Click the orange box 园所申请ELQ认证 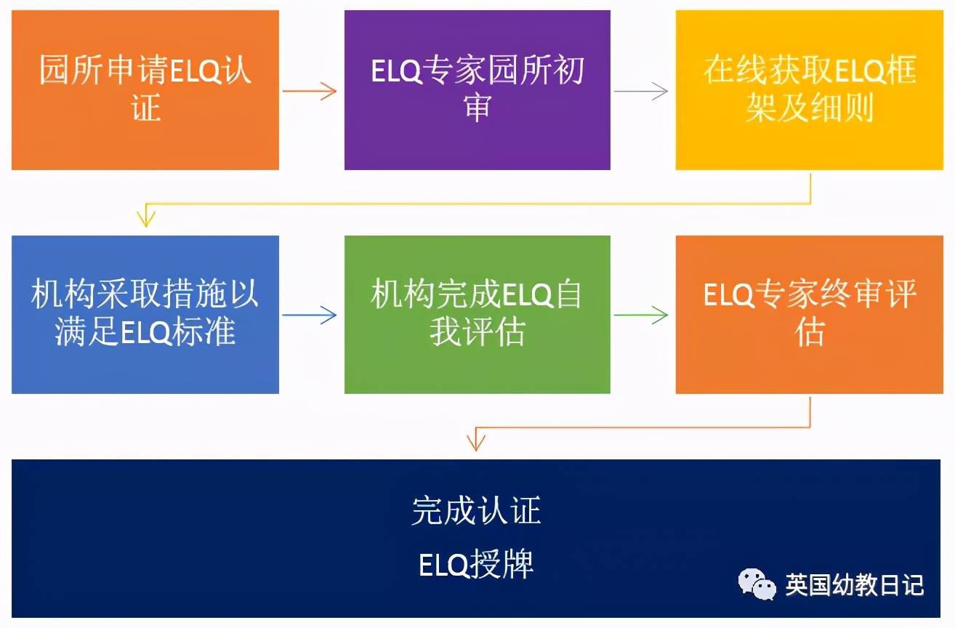pyautogui.click(x=145, y=90)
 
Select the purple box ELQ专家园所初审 pyautogui.click(x=477, y=90)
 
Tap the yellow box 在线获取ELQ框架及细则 pyautogui.click(x=808, y=90)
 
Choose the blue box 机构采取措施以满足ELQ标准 pyautogui.click(x=145, y=314)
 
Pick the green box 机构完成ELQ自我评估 pyautogui.click(x=477, y=314)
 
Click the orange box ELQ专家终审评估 pyautogui.click(x=808, y=314)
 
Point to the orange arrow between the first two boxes pyautogui.click(x=310, y=91)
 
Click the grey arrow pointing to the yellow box pyautogui.click(x=641, y=91)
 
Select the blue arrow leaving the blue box pyautogui.click(x=310, y=315)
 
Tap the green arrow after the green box pyautogui.click(x=641, y=315)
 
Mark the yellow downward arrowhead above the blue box pyautogui.click(x=146, y=217)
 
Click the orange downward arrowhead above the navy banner pyautogui.click(x=475, y=440)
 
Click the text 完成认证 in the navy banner pyautogui.click(x=477, y=510)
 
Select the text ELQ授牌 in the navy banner pyautogui.click(x=477, y=565)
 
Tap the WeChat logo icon pyautogui.click(x=756, y=584)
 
